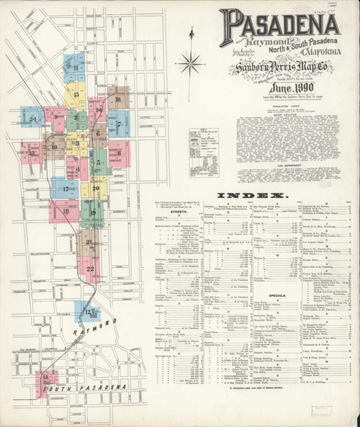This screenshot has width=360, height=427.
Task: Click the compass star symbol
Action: (191, 63)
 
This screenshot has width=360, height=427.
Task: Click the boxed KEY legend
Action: (204, 153)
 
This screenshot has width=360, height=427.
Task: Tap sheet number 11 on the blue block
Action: (75, 68)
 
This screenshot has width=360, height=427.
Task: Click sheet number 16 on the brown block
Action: (117, 99)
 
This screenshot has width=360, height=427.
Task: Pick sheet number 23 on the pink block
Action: (30, 152)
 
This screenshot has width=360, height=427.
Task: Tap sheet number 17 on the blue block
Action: (65, 189)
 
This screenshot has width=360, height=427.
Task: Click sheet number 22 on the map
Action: (89, 269)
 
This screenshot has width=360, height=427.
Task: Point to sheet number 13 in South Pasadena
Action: (47, 378)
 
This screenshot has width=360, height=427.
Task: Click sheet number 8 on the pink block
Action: (119, 152)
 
